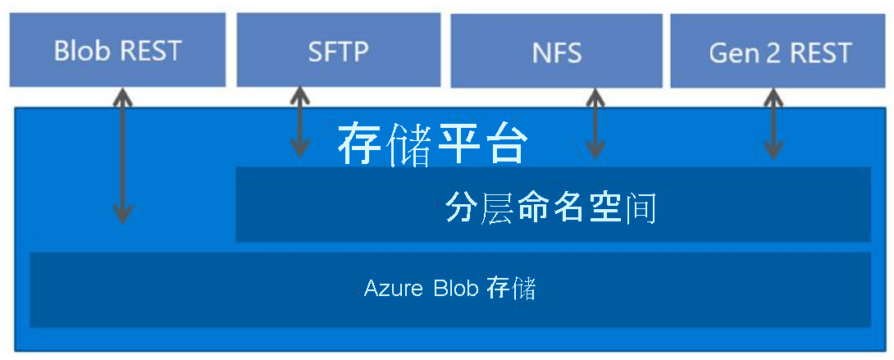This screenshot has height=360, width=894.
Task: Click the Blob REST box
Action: tap(117, 50)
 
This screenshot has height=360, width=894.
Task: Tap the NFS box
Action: tap(556, 52)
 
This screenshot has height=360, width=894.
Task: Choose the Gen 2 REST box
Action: tap(779, 52)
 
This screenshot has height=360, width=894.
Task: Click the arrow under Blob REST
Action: tap(122, 156)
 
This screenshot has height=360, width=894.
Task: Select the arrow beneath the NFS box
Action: tap(596, 123)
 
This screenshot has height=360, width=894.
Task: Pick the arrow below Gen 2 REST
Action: tap(773, 123)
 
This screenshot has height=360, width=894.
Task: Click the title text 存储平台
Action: tap(431, 144)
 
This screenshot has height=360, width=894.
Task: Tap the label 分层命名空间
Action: tap(551, 207)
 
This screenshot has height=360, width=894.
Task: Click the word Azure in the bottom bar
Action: tap(390, 289)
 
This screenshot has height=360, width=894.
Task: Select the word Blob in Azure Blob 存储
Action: tap(455, 289)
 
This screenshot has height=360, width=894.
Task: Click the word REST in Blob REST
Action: tap(151, 51)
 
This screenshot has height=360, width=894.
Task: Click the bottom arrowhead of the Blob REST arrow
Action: tap(122, 216)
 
